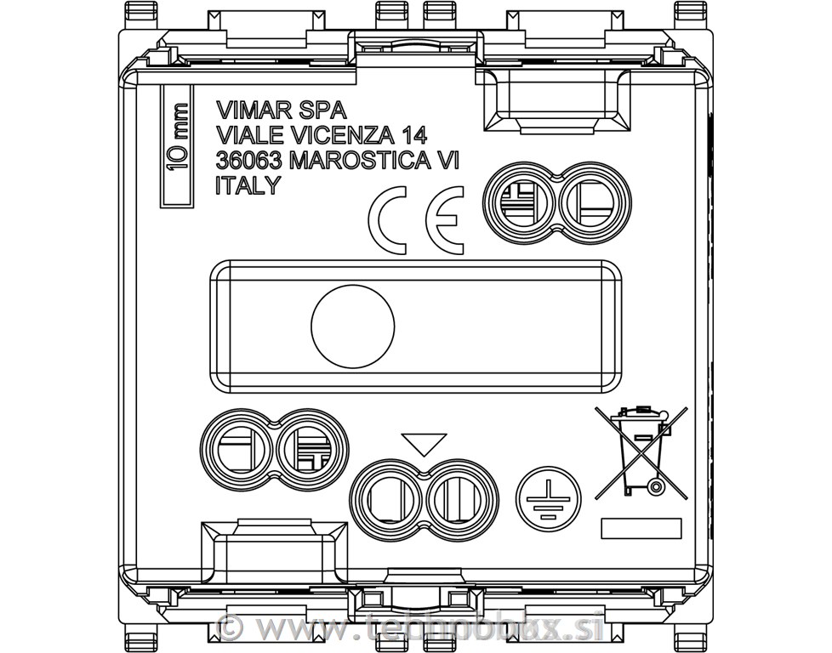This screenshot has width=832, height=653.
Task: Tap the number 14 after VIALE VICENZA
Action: tap(412, 135)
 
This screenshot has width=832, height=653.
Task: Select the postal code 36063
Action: tap(249, 161)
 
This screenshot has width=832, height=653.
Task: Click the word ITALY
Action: tap(248, 186)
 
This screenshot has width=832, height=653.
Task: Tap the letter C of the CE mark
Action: tap(390, 220)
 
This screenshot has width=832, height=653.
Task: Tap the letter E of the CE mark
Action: tap(444, 220)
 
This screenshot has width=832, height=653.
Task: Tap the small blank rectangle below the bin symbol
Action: tap(641, 528)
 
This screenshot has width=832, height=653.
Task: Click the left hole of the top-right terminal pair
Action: tap(519, 202)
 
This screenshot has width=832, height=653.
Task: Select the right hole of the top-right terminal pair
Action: tap(594, 202)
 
